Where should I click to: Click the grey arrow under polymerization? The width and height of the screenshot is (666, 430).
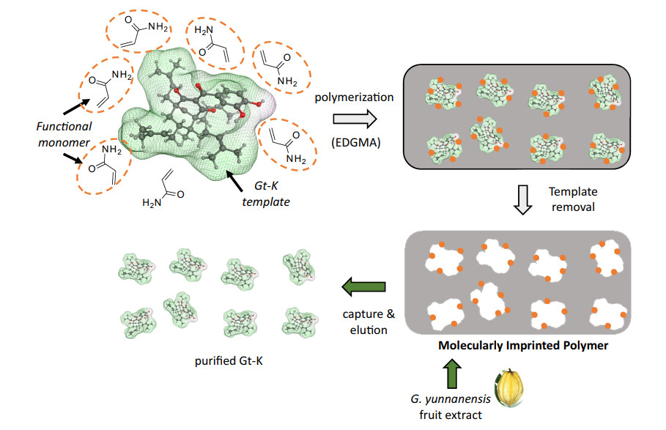(x=349, y=119)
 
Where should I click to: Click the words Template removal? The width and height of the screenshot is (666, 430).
(x=573, y=199)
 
